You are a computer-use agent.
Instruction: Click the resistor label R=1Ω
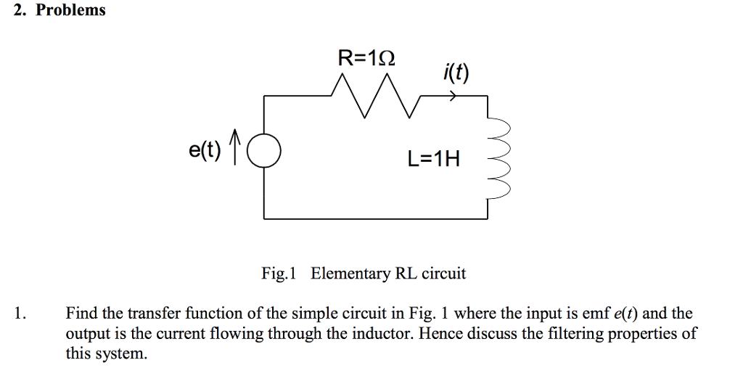click(x=367, y=58)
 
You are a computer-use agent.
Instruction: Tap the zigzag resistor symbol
click(x=374, y=97)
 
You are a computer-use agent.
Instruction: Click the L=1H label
click(x=434, y=159)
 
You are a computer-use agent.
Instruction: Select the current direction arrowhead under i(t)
click(x=453, y=97)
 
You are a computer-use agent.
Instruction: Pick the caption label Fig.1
click(x=279, y=274)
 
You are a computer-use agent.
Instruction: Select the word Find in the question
click(x=82, y=314)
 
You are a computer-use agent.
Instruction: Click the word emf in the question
click(x=597, y=314)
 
